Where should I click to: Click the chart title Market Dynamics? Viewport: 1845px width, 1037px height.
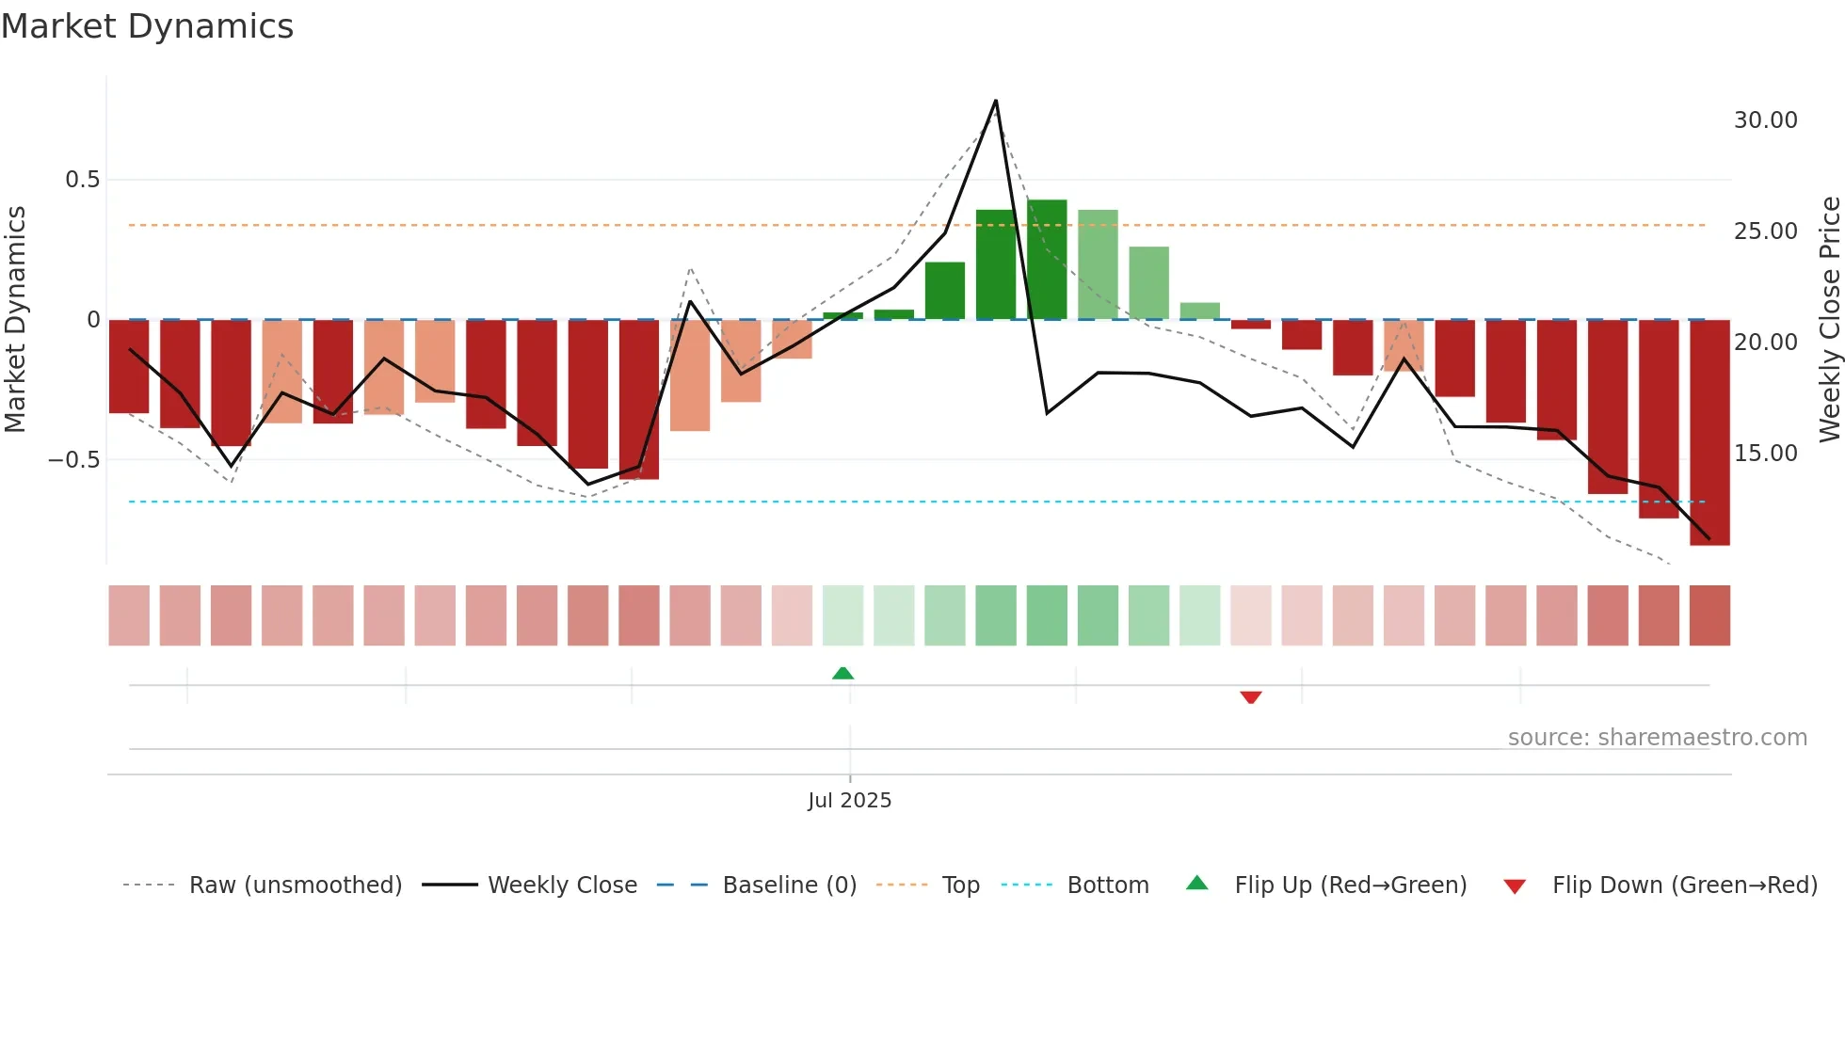(x=148, y=26)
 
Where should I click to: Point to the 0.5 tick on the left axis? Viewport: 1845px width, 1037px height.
(x=82, y=180)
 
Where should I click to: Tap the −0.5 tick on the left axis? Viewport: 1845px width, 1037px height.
(x=74, y=460)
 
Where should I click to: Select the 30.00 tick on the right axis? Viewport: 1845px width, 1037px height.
(x=1765, y=120)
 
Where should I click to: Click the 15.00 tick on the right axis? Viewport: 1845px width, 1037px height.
(x=1765, y=454)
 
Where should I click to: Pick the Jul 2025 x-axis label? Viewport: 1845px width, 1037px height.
(x=849, y=801)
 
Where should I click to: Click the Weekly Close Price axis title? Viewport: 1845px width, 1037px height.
(x=1829, y=319)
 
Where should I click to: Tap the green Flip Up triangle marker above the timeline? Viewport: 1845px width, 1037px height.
(x=842, y=673)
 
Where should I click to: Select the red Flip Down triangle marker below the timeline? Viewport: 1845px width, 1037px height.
(x=1250, y=697)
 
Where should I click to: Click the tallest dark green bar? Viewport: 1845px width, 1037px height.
(x=1047, y=259)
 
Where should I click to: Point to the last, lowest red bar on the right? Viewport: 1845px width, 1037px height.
(x=1709, y=433)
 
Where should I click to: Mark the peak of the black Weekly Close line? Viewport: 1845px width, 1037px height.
(x=995, y=101)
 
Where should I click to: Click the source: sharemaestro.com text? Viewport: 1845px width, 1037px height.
(x=1657, y=738)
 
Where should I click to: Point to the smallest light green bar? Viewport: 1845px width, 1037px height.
(x=1199, y=311)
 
